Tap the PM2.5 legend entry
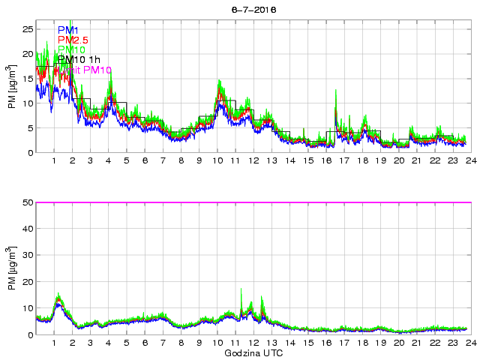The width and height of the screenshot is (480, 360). (73, 40)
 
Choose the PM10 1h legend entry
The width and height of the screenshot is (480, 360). (79, 60)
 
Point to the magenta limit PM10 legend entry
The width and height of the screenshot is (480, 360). (82, 70)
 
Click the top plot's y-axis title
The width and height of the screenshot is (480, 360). (11, 87)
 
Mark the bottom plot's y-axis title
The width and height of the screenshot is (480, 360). (11, 269)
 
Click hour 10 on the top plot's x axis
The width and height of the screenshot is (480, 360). (217, 160)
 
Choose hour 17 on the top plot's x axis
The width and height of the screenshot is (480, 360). (343, 160)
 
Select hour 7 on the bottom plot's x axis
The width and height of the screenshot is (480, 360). (163, 343)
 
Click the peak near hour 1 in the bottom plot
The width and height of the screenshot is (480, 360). (58, 295)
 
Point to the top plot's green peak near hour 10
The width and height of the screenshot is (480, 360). (219, 80)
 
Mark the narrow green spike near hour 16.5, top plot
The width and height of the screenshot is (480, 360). (335, 110)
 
